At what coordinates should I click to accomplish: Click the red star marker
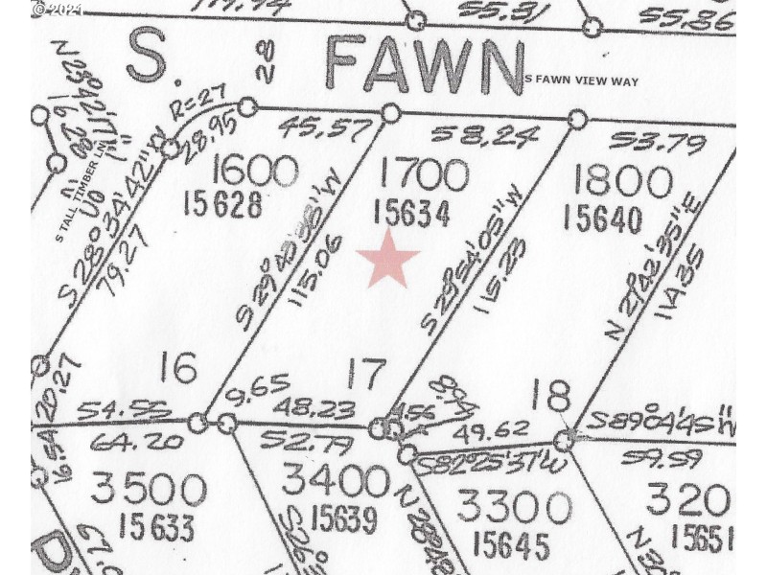tap(388, 259)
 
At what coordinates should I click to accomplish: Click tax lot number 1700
tap(424, 175)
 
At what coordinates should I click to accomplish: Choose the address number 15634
tap(413, 213)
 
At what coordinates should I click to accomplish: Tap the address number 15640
tap(603, 218)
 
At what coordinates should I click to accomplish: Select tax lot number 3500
tap(149, 489)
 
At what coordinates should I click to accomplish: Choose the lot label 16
tap(178, 366)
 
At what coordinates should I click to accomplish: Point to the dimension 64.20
tap(122, 443)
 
